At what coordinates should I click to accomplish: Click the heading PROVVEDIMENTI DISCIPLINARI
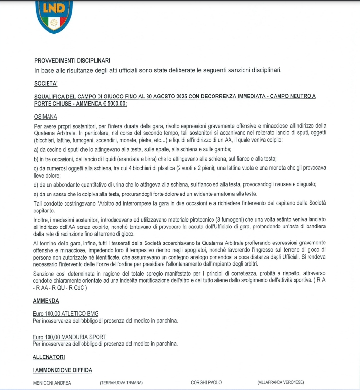(x=72, y=61)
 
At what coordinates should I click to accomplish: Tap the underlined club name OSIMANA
(x=46, y=117)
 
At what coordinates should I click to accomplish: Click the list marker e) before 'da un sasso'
(x=36, y=194)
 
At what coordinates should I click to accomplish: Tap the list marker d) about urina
(x=36, y=184)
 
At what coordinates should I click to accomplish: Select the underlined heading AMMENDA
(x=46, y=301)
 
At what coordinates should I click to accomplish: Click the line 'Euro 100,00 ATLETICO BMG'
(x=65, y=313)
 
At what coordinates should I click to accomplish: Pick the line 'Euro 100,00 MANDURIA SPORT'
(x=69, y=337)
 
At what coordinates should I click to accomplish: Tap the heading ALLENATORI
(x=49, y=357)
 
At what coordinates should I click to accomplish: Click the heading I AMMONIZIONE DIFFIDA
(x=62, y=370)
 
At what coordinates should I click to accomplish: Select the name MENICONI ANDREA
(x=52, y=383)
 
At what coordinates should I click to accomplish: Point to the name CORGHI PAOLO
(x=206, y=383)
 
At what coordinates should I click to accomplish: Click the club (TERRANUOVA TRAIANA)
(x=121, y=383)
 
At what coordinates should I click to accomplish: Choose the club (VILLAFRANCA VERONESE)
(x=280, y=383)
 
